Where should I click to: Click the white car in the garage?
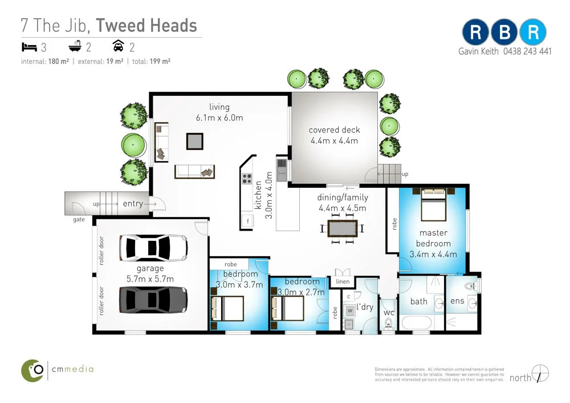pos(153,247)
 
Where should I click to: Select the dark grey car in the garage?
pos(153,299)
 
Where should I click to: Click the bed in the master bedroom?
pos(433,204)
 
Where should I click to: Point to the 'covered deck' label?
pos(334,130)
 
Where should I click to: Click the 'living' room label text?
pos(219,107)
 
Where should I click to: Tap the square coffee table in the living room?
pos(194,140)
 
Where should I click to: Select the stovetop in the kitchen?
pos(247,178)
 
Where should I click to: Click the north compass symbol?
pos(539,374)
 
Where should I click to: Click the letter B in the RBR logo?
pos(504,33)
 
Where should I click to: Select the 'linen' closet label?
pos(343,281)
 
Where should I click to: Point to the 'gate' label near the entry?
pos(79,219)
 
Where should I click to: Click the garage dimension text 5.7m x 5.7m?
pos(150,279)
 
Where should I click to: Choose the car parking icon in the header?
pos(118,46)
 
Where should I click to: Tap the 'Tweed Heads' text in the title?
pos(146,26)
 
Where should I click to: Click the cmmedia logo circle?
pos(33,370)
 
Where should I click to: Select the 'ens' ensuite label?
pos(457,301)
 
